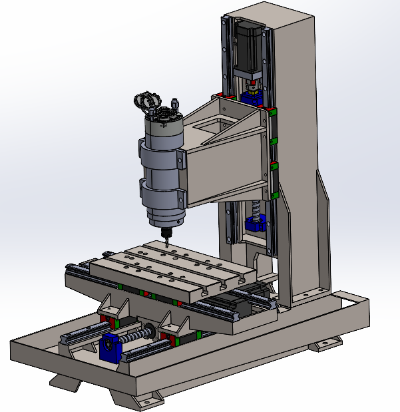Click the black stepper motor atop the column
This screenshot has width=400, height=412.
pyautogui.click(x=247, y=44)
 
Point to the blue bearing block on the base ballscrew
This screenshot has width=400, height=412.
pyautogui.click(x=110, y=347)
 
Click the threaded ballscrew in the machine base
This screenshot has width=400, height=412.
pyautogui.click(x=142, y=335)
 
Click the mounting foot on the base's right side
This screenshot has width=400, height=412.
pyautogui.click(x=326, y=344)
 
